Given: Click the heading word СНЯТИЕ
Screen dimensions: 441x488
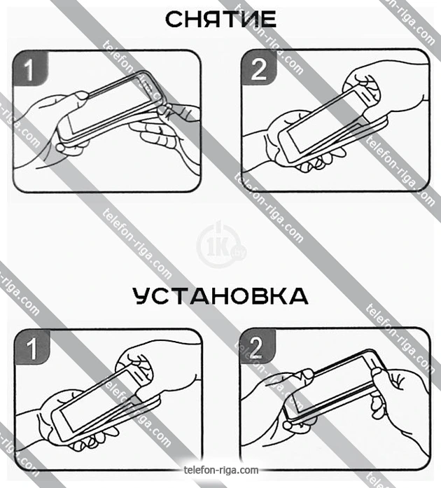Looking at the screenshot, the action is pos(220,20).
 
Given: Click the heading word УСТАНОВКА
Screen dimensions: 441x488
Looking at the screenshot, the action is pos(220,295).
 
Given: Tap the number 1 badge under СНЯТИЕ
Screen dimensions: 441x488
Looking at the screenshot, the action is pos(30,69).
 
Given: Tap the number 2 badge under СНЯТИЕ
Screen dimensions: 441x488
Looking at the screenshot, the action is pos(258,68).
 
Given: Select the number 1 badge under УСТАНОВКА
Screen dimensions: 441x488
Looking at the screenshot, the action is pos(32,347).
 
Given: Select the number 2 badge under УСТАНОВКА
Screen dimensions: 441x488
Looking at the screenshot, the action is pos(258,347).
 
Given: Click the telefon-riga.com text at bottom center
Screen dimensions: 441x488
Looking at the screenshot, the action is pos(221,470).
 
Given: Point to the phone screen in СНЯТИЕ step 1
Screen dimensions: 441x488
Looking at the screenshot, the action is pos(109,105).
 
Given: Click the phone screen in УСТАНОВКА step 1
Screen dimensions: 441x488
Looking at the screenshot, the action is pos(98,400).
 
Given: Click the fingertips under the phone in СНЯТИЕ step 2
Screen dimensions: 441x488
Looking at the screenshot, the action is pos(321,160).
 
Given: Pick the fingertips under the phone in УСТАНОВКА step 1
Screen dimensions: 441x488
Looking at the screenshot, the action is pos(93,440).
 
